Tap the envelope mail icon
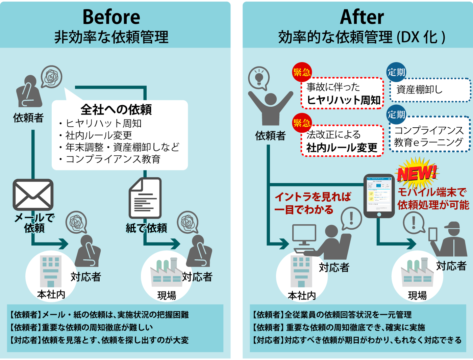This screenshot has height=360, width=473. click(x=33, y=195)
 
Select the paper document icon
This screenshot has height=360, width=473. click(x=145, y=198)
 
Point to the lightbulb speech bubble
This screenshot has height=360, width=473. click(x=259, y=78)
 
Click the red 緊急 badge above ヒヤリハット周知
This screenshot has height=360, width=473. click(x=302, y=72)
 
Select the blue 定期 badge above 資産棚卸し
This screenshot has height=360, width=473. click(x=396, y=72)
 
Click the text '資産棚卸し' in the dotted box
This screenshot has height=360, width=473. click(x=419, y=89)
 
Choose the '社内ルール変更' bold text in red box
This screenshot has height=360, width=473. click(x=342, y=148)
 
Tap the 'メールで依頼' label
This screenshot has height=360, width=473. click(x=34, y=223)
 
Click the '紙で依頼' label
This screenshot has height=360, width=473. click(x=146, y=228)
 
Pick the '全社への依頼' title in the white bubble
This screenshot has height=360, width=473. click(x=116, y=109)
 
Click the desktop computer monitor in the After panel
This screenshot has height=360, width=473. click(x=304, y=233)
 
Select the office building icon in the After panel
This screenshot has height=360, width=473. click(x=301, y=270)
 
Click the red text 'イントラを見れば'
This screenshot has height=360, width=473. click(x=313, y=197)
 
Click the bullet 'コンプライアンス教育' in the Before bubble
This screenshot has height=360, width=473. click(x=113, y=159)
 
